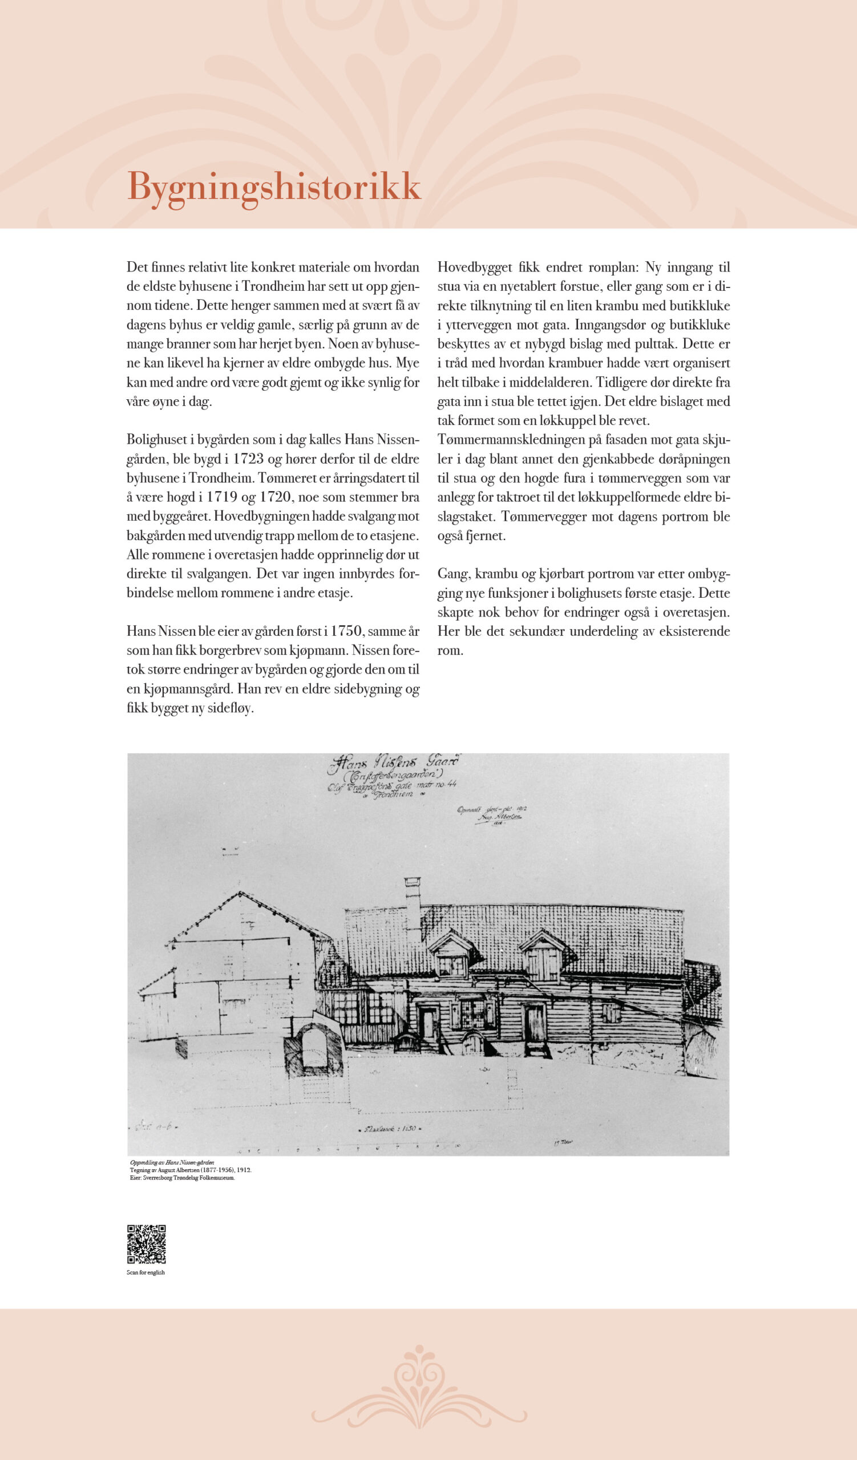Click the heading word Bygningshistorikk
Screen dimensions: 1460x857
pos(273,187)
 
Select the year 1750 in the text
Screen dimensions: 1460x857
pos(346,631)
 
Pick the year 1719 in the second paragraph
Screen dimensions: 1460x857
pos(224,497)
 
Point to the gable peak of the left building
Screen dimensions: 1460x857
pos(239,894)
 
